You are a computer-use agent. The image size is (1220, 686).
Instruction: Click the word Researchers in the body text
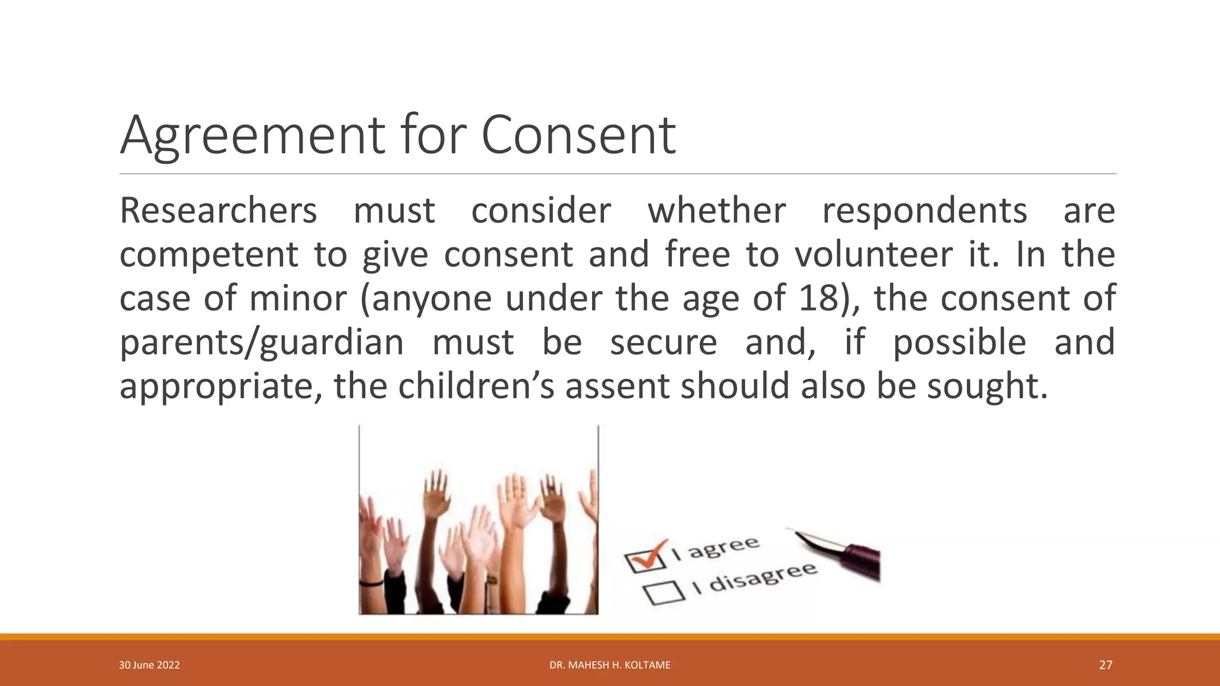[x=218, y=211]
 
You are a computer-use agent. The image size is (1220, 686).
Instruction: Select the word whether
[x=717, y=211]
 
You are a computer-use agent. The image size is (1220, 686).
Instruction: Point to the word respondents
[x=925, y=212]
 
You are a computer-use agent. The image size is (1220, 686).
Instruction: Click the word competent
[x=208, y=255]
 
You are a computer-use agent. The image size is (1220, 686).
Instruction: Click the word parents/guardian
[x=262, y=343]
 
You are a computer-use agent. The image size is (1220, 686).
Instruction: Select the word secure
[x=664, y=342]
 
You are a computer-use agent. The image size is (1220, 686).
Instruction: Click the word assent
[x=617, y=386]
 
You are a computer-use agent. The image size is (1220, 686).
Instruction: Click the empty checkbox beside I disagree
[x=663, y=592]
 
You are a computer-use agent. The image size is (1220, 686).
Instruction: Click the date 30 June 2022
[x=150, y=665]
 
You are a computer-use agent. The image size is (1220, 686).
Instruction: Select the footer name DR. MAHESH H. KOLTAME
[x=610, y=665]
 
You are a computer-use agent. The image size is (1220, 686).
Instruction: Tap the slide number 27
[x=1105, y=665]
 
